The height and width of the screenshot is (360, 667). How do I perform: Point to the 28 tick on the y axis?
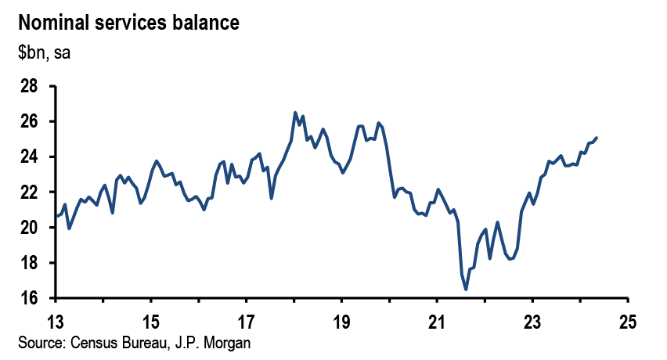[x=29, y=86]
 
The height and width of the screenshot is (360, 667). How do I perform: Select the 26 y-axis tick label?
[x=29, y=121]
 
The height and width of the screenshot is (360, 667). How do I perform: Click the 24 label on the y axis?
[x=29, y=157]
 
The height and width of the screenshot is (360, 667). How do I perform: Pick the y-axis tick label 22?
[x=29, y=193]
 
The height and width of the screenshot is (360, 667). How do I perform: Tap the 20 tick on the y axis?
[x=29, y=228]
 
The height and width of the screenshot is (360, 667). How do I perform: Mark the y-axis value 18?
[x=29, y=263]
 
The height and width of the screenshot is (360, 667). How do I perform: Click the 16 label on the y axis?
[x=29, y=298]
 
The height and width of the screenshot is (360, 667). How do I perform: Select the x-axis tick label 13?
[x=56, y=321]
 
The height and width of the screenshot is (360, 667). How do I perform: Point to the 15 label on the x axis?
[x=151, y=321]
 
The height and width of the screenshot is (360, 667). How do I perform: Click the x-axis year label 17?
[x=247, y=321]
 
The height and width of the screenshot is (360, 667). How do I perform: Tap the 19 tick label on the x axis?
[x=342, y=321]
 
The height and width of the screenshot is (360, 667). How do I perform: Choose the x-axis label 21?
[x=437, y=321]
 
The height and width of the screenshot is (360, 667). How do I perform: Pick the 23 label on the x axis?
[x=532, y=321]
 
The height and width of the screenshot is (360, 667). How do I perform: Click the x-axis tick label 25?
[x=628, y=321]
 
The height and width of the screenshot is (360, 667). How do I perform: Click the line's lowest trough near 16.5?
[x=466, y=290]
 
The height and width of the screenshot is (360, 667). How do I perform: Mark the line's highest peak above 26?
[x=295, y=113]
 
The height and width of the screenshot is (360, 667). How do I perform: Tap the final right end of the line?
[x=597, y=139]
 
